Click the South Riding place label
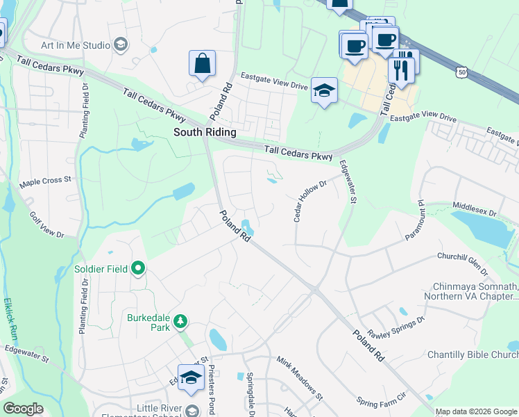point(205,132)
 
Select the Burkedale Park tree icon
point(180,321)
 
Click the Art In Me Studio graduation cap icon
point(121,45)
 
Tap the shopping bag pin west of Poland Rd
point(202,64)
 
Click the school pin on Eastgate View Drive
point(323,91)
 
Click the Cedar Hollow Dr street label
point(309,202)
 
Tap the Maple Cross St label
point(46,180)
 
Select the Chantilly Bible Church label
point(473,355)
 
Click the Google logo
point(24,409)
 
